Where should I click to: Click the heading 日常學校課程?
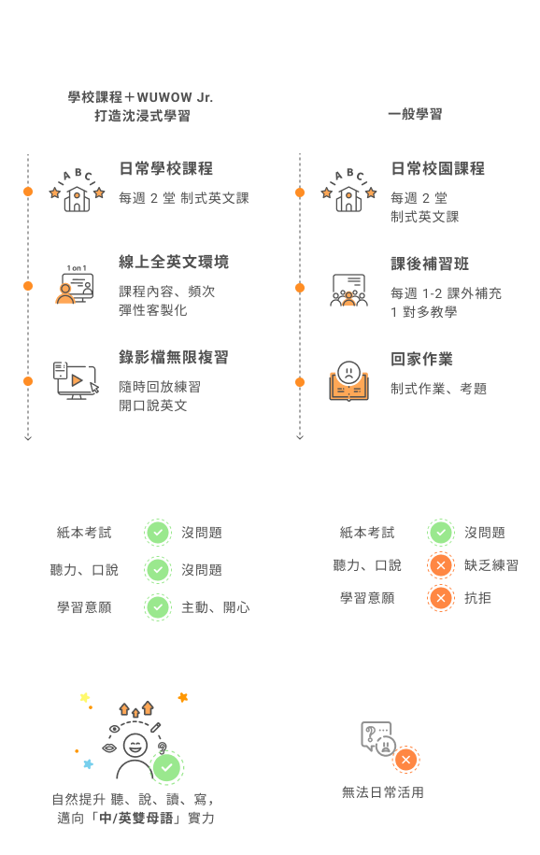pos(165,168)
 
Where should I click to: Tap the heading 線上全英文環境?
pos(174,262)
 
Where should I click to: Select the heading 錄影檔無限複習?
pos(174,357)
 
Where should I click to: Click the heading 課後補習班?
pos(430,264)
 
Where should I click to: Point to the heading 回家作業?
pos(421,359)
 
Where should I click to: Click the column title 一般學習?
pos(415,114)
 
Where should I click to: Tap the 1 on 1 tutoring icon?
pos(76,285)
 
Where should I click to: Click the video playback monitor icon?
pos(77,380)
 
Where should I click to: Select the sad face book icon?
pos(349,380)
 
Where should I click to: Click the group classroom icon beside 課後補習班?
pos(349,290)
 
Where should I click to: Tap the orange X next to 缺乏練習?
pos(441,565)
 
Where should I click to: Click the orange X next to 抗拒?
pos(441,598)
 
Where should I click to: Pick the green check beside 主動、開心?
pos(158,606)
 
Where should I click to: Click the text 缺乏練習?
pos(491,565)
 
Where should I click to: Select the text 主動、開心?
pos(216,607)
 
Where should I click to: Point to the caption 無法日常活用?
pos(383,792)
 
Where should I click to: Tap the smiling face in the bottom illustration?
pos(135,745)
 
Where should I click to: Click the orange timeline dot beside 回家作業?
pos(300,381)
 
